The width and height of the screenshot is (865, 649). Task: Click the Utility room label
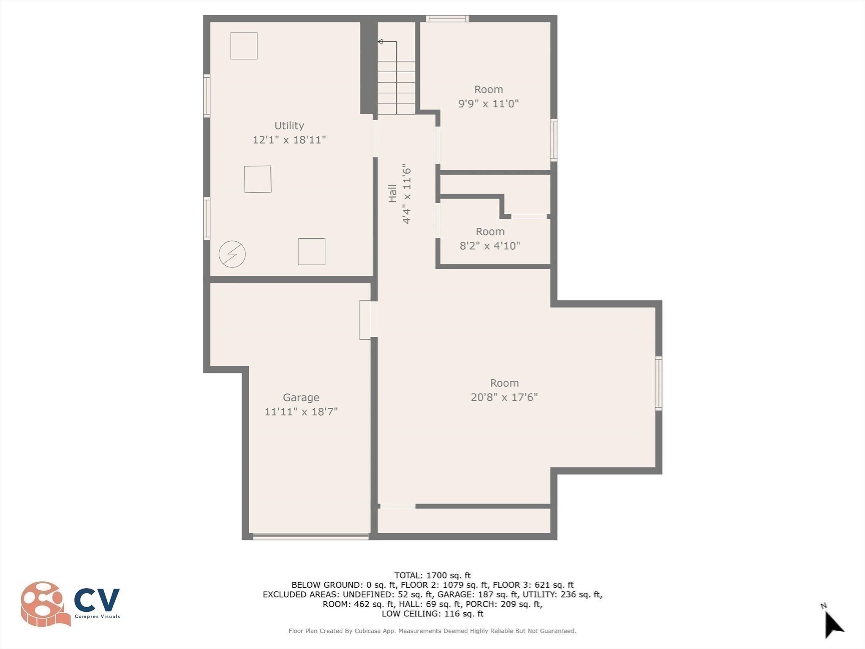click(x=289, y=125)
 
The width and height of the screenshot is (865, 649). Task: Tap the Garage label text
click(x=301, y=398)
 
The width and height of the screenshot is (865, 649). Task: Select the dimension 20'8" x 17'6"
click(x=504, y=397)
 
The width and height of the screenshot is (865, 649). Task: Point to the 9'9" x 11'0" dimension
click(x=488, y=104)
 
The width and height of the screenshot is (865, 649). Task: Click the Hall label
click(x=392, y=193)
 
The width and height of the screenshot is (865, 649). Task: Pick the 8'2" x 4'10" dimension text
click(x=490, y=245)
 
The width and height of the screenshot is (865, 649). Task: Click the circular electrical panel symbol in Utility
click(x=232, y=254)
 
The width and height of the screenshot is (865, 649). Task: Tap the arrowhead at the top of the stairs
click(x=380, y=41)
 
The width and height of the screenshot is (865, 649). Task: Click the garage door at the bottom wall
click(x=310, y=536)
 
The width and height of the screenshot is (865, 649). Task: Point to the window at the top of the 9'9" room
click(x=447, y=18)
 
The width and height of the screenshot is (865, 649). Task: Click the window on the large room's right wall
click(x=658, y=383)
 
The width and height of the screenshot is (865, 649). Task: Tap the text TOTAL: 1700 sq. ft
click(x=432, y=575)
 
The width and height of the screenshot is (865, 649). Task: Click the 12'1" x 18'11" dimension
click(x=289, y=140)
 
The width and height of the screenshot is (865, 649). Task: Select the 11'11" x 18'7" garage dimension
click(x=301, y=412)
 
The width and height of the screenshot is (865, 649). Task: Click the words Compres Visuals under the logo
click(x=97, y=616)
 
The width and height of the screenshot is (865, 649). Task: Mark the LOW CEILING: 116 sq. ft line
click(x=432, y=614)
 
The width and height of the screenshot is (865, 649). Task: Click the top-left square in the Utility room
click(x=244, y=46)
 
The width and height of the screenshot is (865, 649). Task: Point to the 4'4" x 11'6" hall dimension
click(x=407, y=193)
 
